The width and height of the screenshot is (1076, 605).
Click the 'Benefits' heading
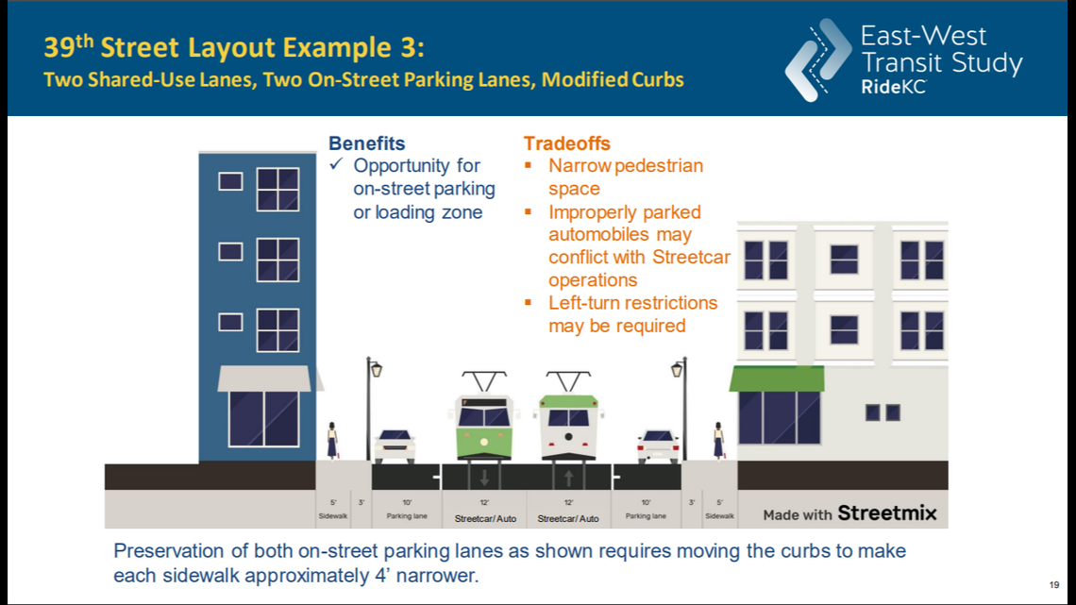pyautogui.click(x=366, y=143)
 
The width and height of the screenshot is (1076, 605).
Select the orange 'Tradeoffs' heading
pyautogui.click(x=566, y=143)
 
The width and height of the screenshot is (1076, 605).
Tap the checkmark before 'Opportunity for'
pyautogui.click(x=335, y=166)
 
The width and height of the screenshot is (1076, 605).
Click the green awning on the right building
pyautogui.click(x=776, y=378)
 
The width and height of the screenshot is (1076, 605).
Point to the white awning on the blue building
pyautogui.click(x=264, y=378)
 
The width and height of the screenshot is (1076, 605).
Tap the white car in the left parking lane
pyautogui.click(x=395, y=445)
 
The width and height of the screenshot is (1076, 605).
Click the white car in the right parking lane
pyautogui.click(x=658, y=445)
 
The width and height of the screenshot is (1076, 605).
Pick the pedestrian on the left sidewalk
pyautogui.click(x=332, y=441)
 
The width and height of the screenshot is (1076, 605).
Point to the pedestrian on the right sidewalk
pyautogui.click(x=718, y=441)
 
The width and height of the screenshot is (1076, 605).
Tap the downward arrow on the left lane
pyautogui.click(x=484, y=476)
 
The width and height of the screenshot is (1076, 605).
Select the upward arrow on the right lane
pyautogui.click(x=568, y=476)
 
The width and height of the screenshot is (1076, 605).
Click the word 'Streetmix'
pyautogui.click(x=887, y=513)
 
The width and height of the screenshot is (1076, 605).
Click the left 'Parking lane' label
pyautogui.click(x=407, y=516)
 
